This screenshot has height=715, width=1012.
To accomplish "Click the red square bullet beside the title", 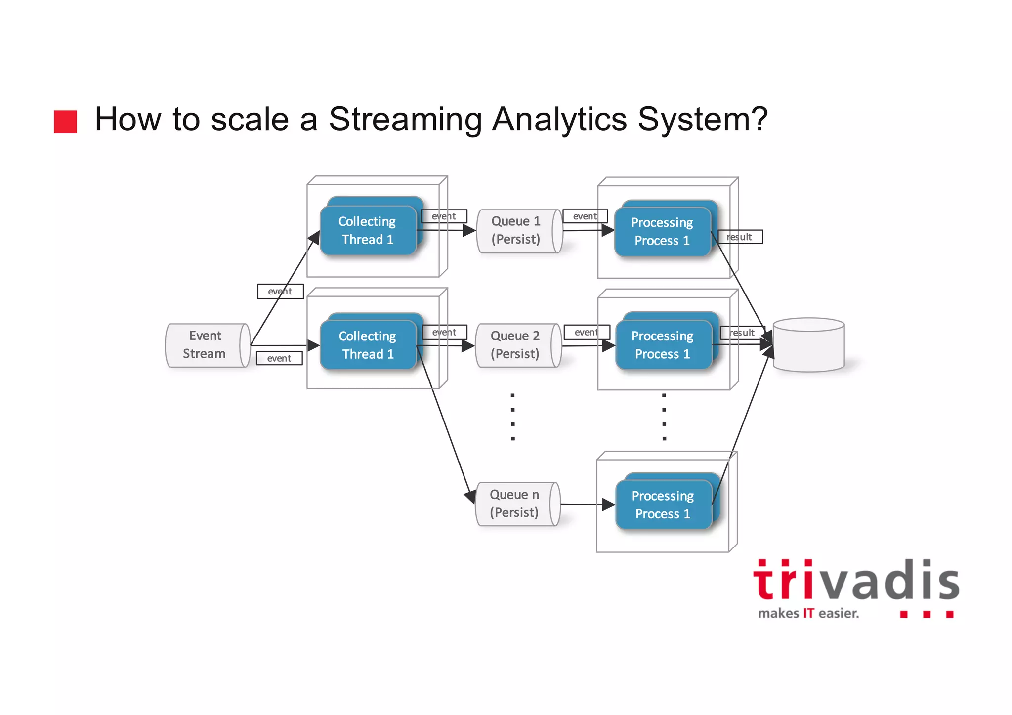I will pyautogui.click(x=65, y=122).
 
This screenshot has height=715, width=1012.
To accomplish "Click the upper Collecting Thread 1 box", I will pyautogui.click(x=367, y=230).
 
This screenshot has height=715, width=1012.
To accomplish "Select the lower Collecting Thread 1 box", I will pyautogui.click(x=368, y=345).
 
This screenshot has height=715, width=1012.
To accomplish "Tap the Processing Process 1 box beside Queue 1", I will pyautogui.click(x=662, y=232).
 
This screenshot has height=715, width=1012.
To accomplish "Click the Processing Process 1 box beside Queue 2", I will pyautogui.click(x=663, y=345).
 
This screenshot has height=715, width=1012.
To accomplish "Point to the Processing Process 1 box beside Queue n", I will pyautogui.click(x=663, y=505).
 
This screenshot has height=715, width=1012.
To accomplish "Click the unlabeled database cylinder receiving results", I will pyautogui.click(x=808, y=345).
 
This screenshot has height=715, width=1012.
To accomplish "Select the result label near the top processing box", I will pyautogui.click(x=740, y=237).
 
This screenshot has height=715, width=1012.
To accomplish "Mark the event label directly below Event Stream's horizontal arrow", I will pyautogui.click(x=279, y=358).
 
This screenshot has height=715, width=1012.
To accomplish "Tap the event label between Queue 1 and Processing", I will pyautogui.click(x=585, y=216).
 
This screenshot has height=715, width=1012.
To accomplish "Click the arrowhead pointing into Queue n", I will pyautogui.click(x=470, y=496).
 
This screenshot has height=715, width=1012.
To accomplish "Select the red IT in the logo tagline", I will pyautogui.click(x=808, y=614).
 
